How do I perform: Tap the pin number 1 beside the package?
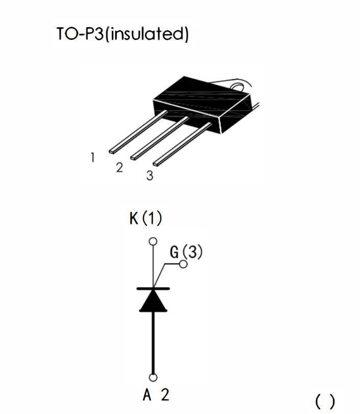92,158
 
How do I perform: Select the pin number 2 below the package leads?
119,168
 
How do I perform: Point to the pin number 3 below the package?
149,176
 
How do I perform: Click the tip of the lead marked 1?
113,151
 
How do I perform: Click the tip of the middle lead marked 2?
135,155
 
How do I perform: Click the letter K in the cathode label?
134,219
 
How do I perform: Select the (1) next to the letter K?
152,219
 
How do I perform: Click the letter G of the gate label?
174,252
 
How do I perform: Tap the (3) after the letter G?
193,252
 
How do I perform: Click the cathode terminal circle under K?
152,241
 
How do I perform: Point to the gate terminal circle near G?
183,264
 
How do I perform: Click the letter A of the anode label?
147,395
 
